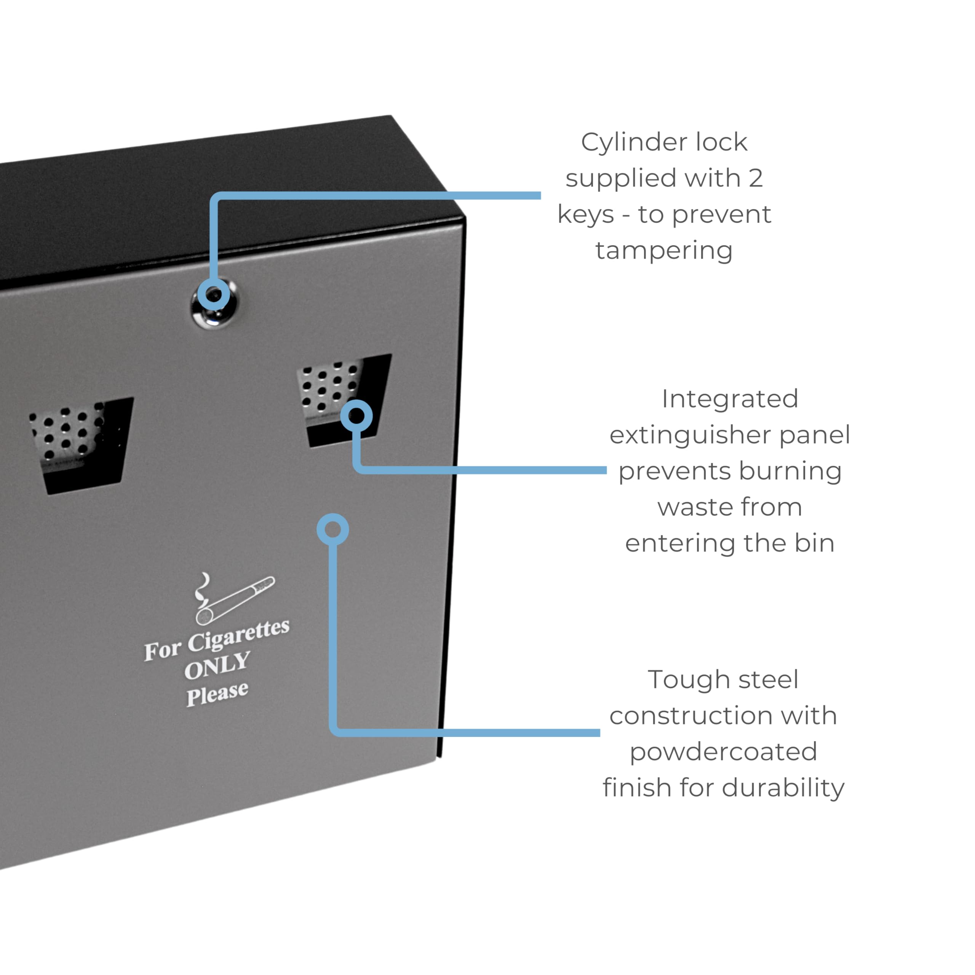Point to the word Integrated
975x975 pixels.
(730, 399)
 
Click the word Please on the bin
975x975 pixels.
(217, 694)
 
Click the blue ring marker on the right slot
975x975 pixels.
(356, 416)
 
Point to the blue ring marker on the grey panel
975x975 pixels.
(332, 529)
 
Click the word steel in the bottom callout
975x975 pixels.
(768, 680)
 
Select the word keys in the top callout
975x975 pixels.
(585, 214)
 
